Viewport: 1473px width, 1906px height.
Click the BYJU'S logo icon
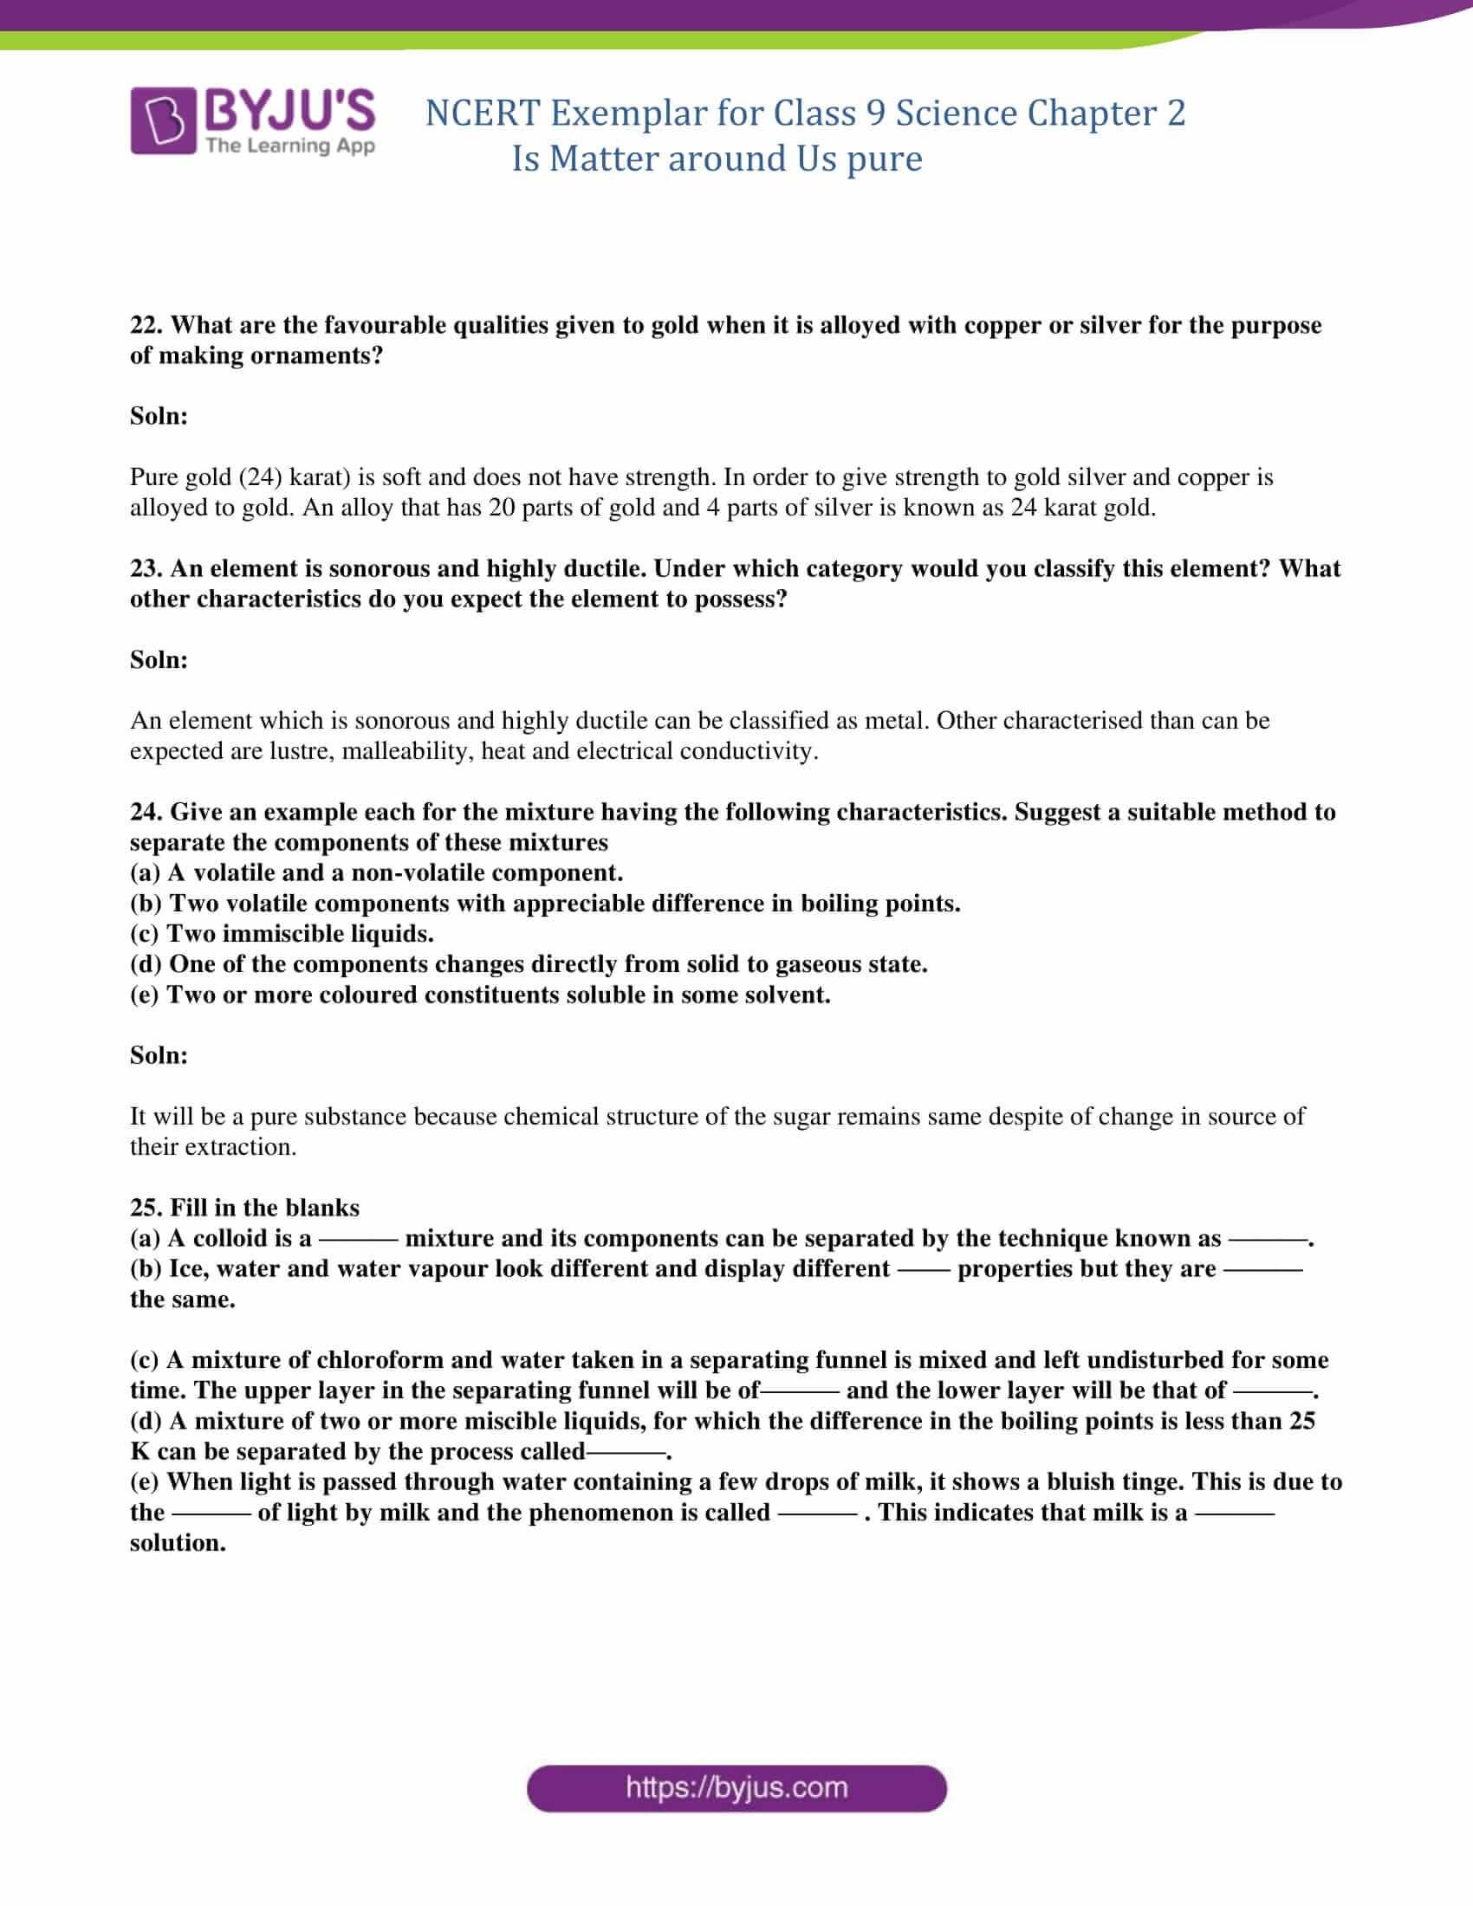pyautogui.click(x=161, y=122)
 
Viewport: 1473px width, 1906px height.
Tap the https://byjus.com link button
pyautogui.click(x=736, y=1787)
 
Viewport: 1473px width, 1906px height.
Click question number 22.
pyautogui.click(x=146, y=326)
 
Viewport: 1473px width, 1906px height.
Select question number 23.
pyautogui.click(x=146, y=569)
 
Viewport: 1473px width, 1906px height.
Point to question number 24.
pyautogui.click(x=146, y=813)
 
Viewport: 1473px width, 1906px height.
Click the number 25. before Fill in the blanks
pyautogui.click(x=146, y=1208)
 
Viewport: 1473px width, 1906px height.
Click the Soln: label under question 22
pyautogui.click(x=159, y=416)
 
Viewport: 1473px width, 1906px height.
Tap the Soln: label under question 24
pyautogui.click(x=159, y=1056)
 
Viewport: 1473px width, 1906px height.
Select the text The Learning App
pyautogui.click(x=289, y=146)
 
